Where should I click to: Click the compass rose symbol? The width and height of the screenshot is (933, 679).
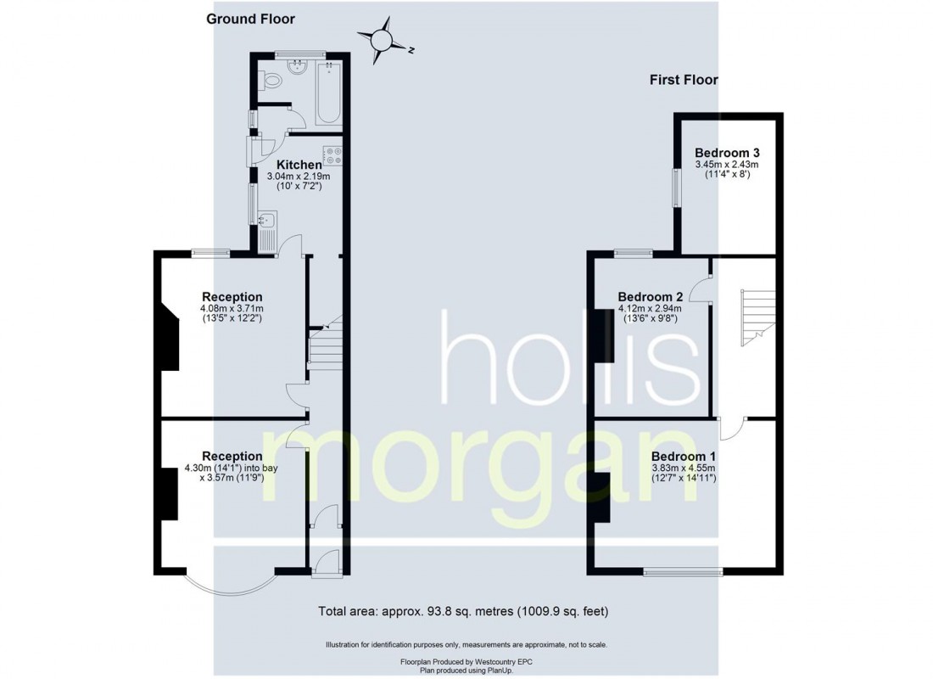381,39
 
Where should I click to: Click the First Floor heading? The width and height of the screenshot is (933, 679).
684,80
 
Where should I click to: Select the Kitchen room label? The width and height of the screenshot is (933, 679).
299,164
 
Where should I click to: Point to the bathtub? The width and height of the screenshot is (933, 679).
328,93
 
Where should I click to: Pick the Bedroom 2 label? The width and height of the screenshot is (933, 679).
651,297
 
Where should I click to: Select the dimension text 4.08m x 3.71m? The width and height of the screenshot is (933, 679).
232,308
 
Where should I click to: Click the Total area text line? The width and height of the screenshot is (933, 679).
463,610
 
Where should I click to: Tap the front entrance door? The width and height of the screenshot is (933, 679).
326,564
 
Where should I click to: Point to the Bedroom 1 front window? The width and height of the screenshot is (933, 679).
683,571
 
